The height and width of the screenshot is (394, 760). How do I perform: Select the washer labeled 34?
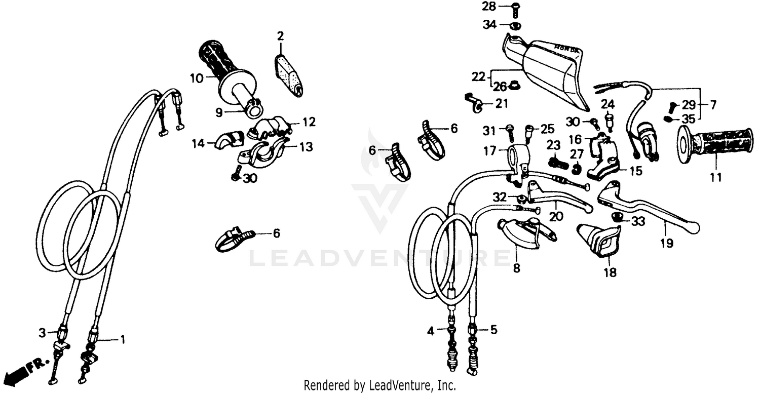(515, 25)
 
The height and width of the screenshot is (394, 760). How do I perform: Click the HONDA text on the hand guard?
(566, 47)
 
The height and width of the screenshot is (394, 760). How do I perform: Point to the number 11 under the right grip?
(717, 178)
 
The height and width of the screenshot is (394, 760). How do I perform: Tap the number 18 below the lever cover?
(610, 273)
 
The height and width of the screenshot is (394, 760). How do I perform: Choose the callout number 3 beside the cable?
(42, 332)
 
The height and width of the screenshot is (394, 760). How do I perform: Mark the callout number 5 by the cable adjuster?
(493, 330)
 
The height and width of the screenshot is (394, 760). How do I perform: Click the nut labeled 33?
(617, 218)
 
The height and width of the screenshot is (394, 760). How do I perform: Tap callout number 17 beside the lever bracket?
(489, 150)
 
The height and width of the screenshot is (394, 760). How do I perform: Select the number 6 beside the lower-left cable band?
(276, 233)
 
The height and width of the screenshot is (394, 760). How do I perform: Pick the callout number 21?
(502, 104)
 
